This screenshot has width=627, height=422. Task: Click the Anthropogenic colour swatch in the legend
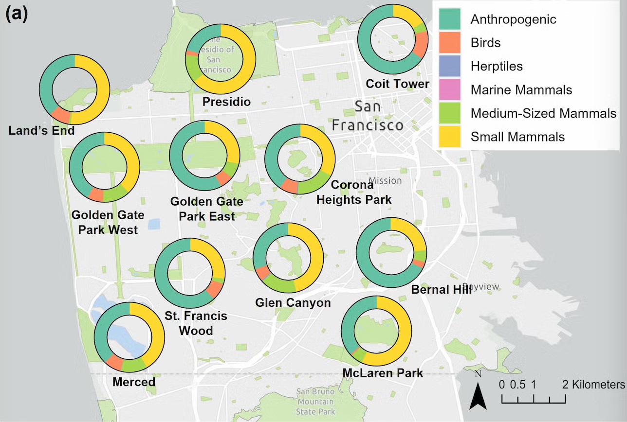[449, 19]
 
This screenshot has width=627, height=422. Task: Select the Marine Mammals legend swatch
[449, 90]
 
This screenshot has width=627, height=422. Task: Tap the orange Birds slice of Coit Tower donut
[420, 44]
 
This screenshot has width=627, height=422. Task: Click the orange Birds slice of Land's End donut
[60, 115]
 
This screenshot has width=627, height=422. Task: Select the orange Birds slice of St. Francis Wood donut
[214, 289]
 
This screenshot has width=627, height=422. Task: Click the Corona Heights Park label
[353, 192]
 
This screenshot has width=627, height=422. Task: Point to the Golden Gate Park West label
[108, 222]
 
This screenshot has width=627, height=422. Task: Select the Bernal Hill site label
[441, 289]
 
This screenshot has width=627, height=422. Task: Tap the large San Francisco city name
[367, 116]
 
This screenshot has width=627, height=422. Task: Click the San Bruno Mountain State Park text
[315, 402]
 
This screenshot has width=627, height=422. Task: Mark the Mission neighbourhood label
[385, 180]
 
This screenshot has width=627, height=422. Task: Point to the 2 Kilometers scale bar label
[594, 385]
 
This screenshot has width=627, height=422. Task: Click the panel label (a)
[17, 14]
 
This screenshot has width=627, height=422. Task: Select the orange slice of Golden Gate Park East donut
[223, 178]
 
